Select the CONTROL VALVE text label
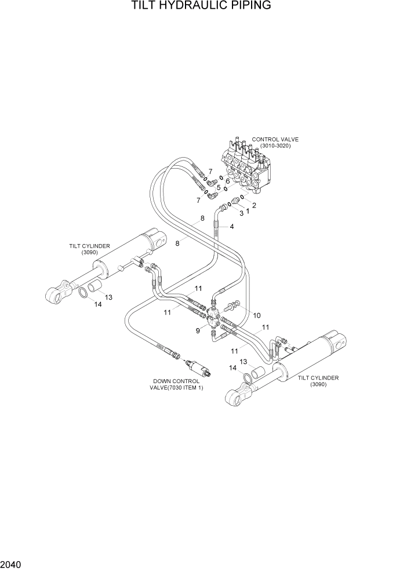pos(275,140)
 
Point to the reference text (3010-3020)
pos(275,146)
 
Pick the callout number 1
pos(248,211)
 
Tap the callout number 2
pos(253,205)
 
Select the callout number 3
pos(241,213)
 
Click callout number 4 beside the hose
pos(232,227)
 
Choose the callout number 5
pos(219,187)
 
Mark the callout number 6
pos(228,181)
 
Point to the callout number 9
pos(198,331)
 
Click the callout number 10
pos(257,315)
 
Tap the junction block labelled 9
pos(213,318)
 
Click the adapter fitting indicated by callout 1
pos(237,201)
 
